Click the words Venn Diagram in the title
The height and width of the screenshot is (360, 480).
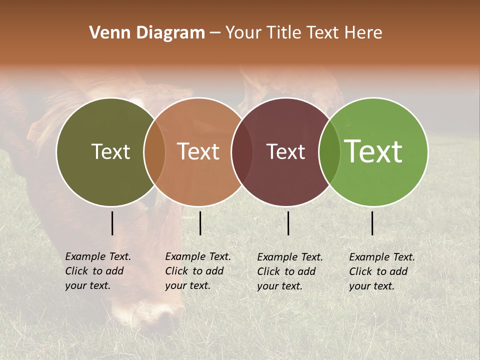click(147, 33)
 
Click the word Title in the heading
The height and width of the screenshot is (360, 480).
click(286, 33)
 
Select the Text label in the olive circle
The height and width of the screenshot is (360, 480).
click(110, 151)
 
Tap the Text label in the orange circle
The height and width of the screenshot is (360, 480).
click(198, 151)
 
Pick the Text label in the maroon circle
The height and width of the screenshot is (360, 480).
click(285, 151)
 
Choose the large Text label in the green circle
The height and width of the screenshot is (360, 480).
click(373, 151)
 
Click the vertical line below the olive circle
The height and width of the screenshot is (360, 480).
click(112, 223)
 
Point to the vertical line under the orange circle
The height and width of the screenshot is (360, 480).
click(200, 223)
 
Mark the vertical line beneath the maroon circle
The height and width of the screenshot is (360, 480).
click(288, 223)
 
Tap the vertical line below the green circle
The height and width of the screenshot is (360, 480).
click(372, 223)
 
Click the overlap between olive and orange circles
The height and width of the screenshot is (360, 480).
click(154, 152)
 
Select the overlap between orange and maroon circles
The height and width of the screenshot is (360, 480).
click(242, 152)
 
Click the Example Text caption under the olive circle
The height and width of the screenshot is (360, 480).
click(98, 271)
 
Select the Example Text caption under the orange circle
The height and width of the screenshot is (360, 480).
click(198, 271)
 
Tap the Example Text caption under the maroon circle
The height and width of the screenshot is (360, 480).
click(290, 271)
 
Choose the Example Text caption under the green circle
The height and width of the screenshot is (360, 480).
click(382, 271)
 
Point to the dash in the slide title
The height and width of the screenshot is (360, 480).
click(215, 33)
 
